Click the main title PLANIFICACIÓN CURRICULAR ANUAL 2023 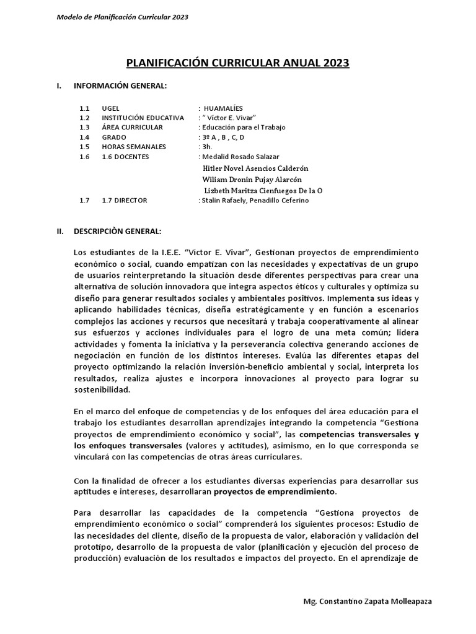point(238,63)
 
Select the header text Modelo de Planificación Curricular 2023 point(123,17)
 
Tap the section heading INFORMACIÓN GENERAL point(120,85)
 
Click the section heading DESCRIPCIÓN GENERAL point(118,231)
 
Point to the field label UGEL point(110,108)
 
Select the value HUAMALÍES point(229,108)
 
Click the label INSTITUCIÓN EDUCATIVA point(143,118)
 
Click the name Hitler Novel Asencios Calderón point(255,168)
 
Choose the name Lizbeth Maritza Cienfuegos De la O point(263,191)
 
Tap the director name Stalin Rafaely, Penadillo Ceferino point(254,201)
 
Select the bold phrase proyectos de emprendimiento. point(275,492)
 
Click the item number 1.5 point(84,147)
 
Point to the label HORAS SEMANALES point(134,147)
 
